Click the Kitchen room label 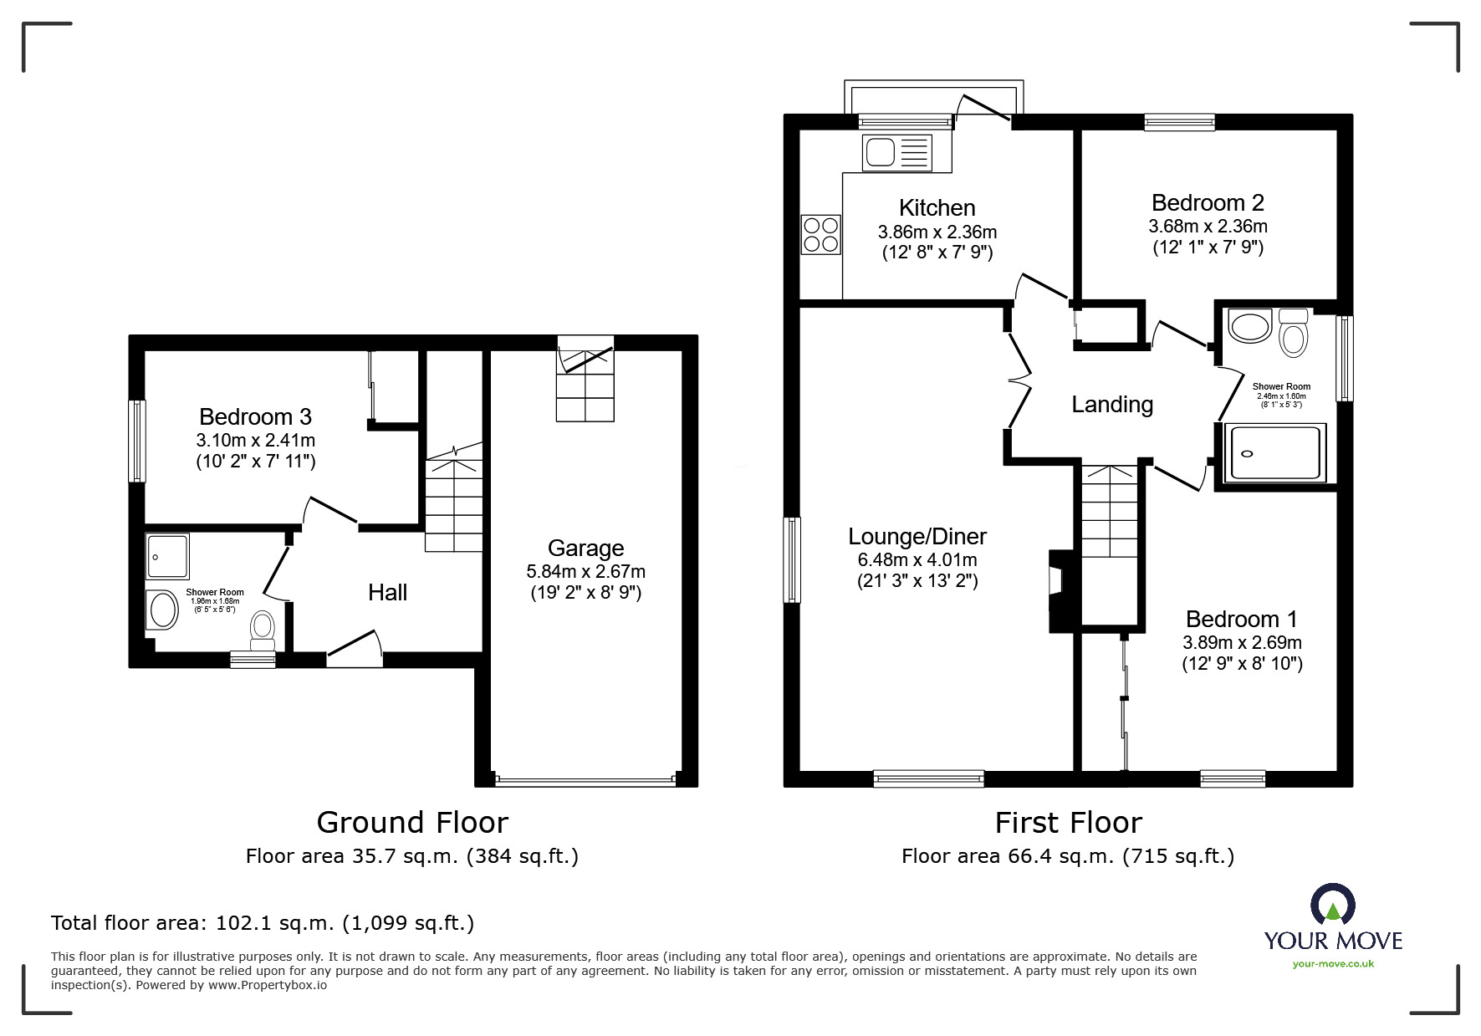click(937, 207)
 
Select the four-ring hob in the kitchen click(820, 233)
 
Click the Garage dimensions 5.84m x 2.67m click(585, 572)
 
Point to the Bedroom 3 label click(255, 416)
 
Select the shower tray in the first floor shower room click(1274, 454)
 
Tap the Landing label click(1112, 405)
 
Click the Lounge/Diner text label click(917, 537)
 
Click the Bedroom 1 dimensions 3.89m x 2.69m click(1242, 643)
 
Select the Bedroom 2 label click(1208, 203)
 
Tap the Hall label click(387, 593)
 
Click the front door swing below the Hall click(355, 651)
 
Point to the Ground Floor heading click(412, 823)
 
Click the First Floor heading click(1068, 823)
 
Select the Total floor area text click(263, 923)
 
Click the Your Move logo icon click(1332, 906)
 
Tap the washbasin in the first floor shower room click(1250, 326)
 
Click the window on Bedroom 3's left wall click(136, 441)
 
